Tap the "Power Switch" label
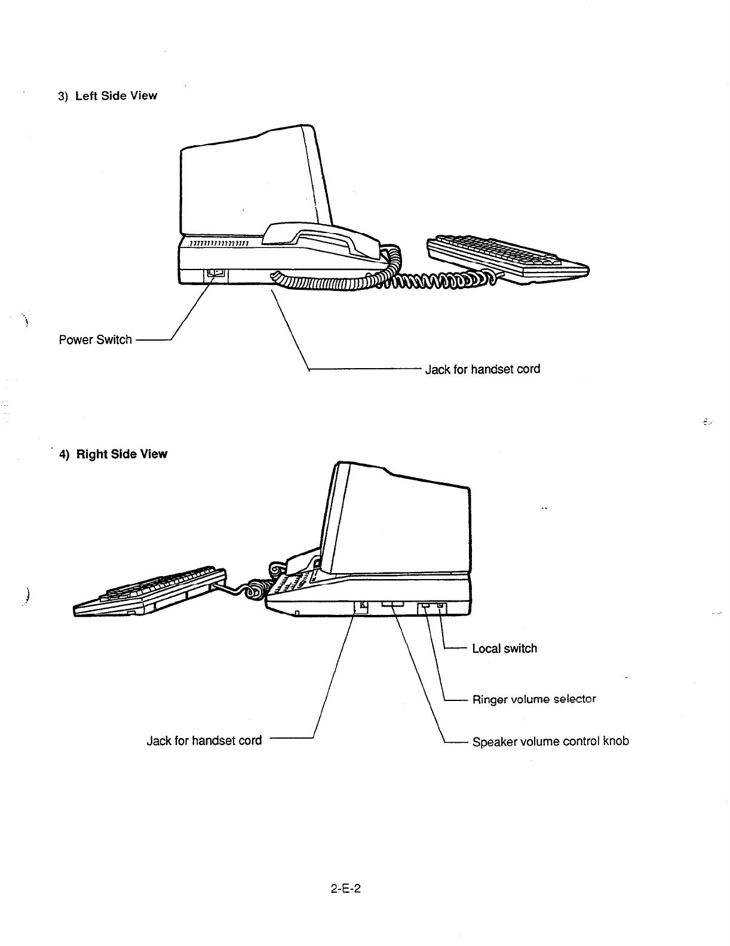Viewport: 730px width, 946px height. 96,340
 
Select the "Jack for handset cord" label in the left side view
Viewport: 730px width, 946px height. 482,369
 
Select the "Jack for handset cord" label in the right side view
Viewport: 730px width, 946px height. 204,741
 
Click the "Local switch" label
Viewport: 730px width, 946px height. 504,649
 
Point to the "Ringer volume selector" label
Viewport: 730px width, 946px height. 534,699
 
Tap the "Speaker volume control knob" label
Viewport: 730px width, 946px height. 550,742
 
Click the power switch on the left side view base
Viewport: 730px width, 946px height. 216,274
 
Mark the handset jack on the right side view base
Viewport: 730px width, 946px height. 361,607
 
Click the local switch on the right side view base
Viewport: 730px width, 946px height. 440,607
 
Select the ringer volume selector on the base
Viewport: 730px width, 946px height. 424,607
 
